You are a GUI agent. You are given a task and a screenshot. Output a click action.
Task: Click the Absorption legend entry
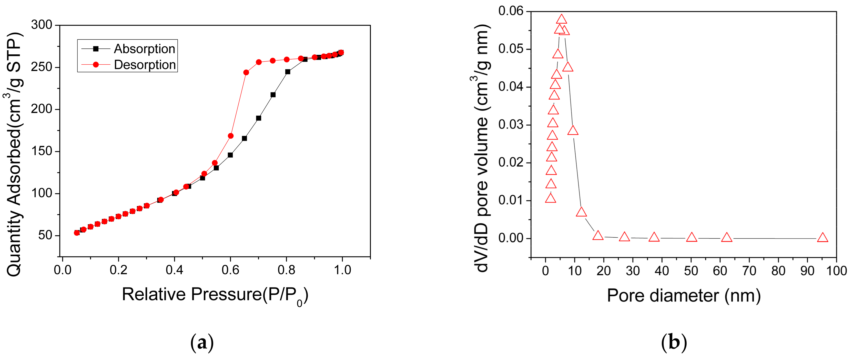click(144, 49)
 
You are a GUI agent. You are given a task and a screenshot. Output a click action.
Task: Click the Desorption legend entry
click(145, 65)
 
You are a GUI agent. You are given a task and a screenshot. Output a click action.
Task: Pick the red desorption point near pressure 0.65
click(246, 73)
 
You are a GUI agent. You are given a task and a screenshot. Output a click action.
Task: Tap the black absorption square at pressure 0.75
click(273, 95)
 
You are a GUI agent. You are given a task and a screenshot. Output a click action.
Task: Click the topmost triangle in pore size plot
click(561, 19)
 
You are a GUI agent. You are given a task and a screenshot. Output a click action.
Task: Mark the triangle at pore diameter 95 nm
click(822, 238)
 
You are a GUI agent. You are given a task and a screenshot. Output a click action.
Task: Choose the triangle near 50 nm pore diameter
click(692, 237)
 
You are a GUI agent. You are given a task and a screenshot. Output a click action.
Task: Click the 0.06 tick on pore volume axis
click(511, 11)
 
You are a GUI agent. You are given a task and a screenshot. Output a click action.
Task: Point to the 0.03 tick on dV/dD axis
click(511, 125)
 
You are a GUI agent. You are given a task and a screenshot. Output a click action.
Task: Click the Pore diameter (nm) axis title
click(684, 295)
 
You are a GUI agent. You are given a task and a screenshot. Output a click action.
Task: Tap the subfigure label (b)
click(674, 343)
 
